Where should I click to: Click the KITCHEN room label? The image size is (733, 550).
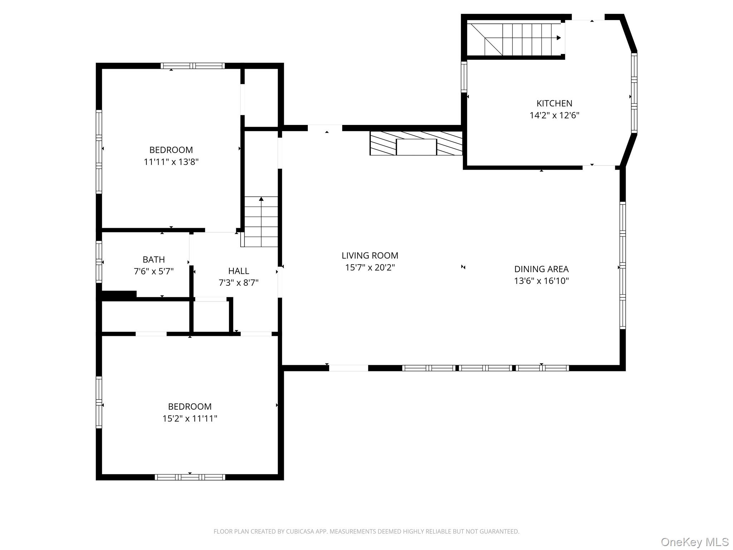554,103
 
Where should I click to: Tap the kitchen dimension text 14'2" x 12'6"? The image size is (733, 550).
554,115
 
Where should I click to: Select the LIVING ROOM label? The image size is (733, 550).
370,256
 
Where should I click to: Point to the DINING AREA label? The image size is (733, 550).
541,269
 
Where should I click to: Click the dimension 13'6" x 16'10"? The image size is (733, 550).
541,281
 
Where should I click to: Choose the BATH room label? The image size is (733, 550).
154,260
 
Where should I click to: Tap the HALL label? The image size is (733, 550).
238,271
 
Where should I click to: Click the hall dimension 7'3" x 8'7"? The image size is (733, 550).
238,283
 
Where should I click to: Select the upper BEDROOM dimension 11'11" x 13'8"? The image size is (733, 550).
171,162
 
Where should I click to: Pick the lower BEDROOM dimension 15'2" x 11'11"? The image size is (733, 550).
190,419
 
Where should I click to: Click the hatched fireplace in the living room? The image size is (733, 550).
416,143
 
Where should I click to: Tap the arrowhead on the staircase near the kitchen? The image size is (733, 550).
558,38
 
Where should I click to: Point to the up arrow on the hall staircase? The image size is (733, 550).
261,199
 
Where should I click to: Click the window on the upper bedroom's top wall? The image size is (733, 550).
193,66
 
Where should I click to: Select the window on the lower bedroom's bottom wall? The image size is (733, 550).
190,477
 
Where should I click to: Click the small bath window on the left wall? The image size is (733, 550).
99,262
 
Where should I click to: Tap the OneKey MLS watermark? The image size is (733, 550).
694,542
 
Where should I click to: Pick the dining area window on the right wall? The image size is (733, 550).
622,265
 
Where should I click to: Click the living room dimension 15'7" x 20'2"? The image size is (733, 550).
370,267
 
